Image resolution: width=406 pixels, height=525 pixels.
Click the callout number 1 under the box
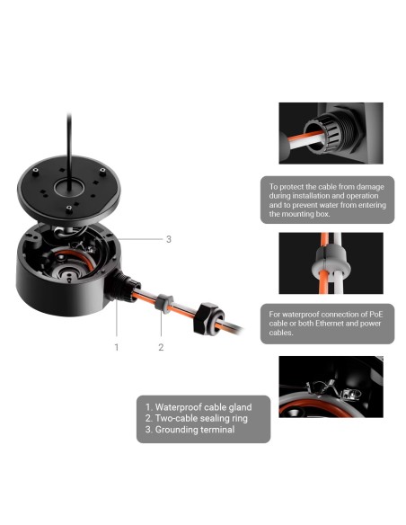click(115, 345)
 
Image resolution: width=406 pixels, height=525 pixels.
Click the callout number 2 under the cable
click(161, 345)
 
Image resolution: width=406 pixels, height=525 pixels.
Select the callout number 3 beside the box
click(168, 239)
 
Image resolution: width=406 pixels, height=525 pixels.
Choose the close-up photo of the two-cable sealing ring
click(330, 264)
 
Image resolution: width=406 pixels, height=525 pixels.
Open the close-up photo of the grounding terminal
click(330, 387)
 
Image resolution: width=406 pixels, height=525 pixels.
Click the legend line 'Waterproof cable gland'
click(198, 406)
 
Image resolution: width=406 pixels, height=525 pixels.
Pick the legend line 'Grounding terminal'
click(190, 430)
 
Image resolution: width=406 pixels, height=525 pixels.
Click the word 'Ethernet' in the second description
click(333, 325)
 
